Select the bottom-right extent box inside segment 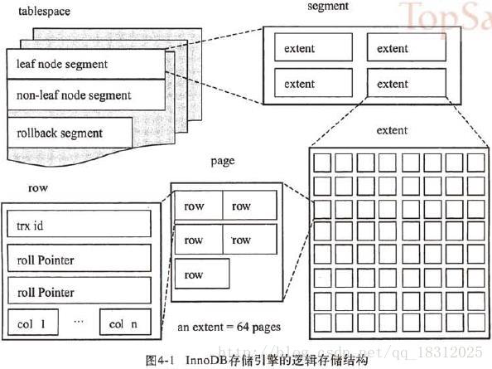405,83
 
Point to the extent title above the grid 392,131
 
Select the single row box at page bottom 201,274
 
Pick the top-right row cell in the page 249,206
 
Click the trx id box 80,225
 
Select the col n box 125,323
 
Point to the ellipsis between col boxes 80,321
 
